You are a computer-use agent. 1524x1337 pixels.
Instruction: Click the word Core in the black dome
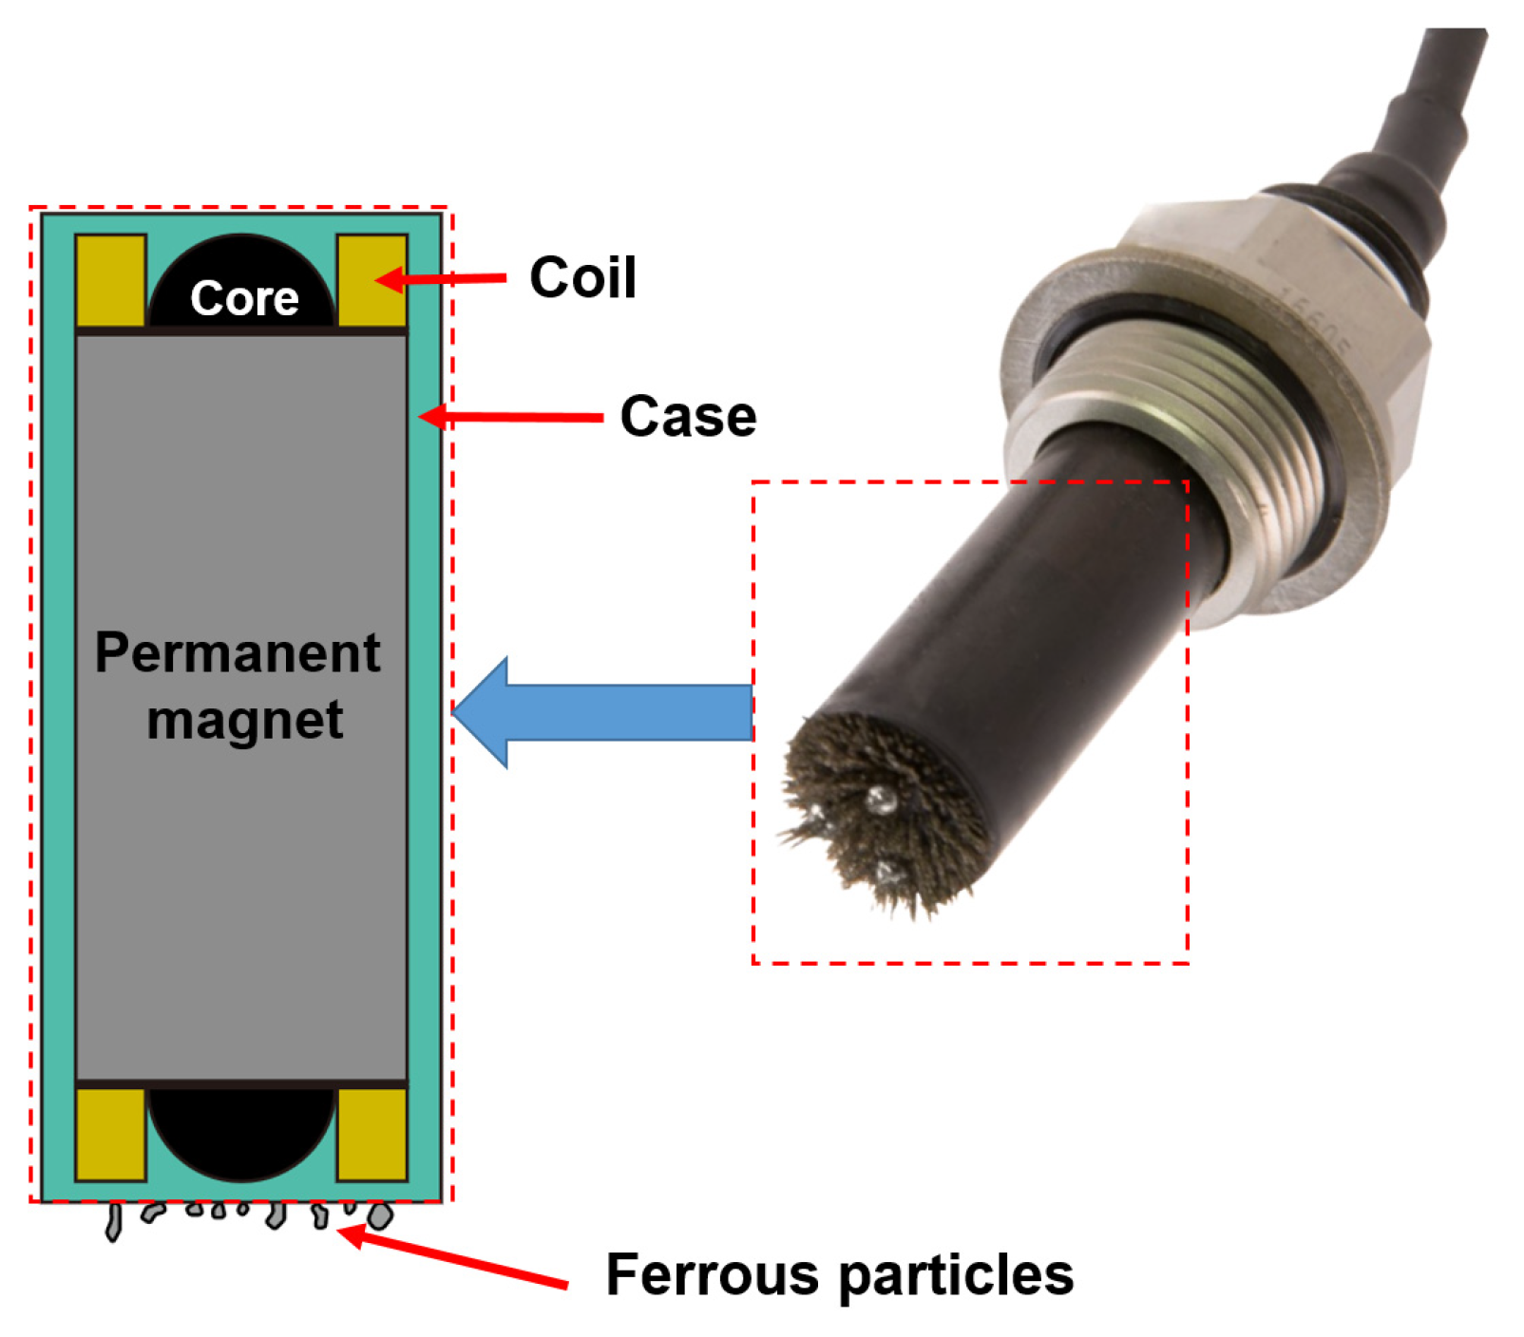tap(244, 298)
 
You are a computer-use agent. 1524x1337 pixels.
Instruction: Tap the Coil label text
tap(582, 277)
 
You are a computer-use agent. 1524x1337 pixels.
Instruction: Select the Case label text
tap(688, 416)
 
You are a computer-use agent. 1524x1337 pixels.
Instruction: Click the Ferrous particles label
tap(839, 1273)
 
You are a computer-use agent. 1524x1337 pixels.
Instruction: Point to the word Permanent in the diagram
tap(238, 653)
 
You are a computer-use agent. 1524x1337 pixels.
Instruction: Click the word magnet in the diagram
tap(244, 720)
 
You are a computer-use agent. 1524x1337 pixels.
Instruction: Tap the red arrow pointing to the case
tap(513, 417)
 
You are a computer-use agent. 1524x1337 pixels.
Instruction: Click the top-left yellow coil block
tap(110, 281)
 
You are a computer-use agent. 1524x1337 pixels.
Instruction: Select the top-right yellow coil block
tap(371, 281)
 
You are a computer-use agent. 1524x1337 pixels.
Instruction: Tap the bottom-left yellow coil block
tap(110, 1134)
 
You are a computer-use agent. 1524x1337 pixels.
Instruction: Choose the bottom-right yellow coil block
tap(371, 1134)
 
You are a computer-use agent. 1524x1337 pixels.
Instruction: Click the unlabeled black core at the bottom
tap(242, 1130)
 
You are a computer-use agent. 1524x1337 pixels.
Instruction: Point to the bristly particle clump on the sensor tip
tap(879, 817)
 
